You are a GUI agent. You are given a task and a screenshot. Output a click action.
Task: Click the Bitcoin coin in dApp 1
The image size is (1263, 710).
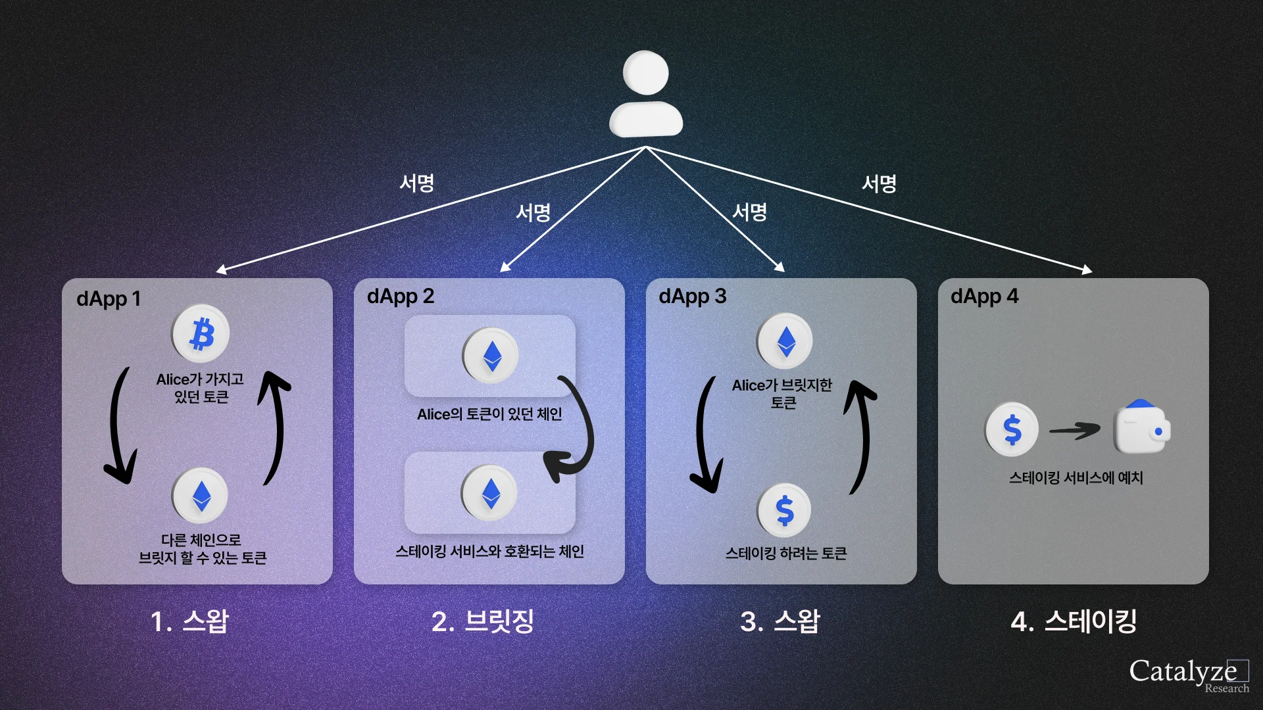pos(201,333)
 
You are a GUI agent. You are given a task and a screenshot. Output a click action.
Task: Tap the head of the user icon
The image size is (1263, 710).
pos(646,73)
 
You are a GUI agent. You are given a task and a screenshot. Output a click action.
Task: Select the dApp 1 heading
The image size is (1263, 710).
pos(109,299)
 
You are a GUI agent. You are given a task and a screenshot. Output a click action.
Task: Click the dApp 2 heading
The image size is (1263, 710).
pos(401,296)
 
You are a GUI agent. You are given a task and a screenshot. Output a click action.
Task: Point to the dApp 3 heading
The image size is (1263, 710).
pos(693,296)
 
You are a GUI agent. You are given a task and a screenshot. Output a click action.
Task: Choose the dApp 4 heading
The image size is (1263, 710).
pos(984,296)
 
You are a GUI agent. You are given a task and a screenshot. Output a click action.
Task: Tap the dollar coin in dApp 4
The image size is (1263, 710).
pos(1012,429)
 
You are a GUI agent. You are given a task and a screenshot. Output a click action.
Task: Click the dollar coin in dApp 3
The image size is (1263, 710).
pos(784,510)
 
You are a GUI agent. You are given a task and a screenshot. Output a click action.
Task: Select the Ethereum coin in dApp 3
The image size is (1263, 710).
pos(785,341)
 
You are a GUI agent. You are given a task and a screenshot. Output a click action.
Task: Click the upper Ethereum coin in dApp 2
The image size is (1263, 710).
pos(491,356)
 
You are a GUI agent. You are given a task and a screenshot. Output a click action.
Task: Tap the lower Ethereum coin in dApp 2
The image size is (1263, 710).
pos(489,493)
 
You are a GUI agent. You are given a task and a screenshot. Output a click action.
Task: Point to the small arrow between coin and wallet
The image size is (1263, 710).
pos(1074,431)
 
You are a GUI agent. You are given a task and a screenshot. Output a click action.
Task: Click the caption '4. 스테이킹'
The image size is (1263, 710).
pos(1074,621)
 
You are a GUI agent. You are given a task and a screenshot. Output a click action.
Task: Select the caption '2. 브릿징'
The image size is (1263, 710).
pos(482,621)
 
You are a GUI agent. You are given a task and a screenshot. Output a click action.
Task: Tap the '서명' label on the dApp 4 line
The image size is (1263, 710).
pos(879,183)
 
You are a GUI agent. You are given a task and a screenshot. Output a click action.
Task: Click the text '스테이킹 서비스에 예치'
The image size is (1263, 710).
pos(1076,478)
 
